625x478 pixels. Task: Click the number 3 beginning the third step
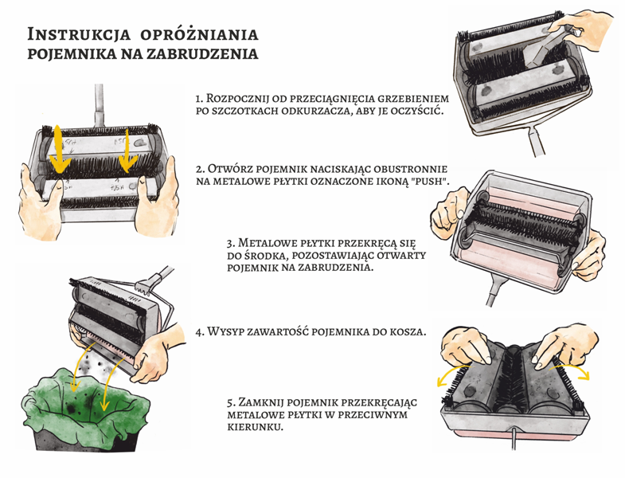pyautogui.click(x=229, y=242)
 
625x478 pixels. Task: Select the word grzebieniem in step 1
pyautogui.click(x=404, y=98)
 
